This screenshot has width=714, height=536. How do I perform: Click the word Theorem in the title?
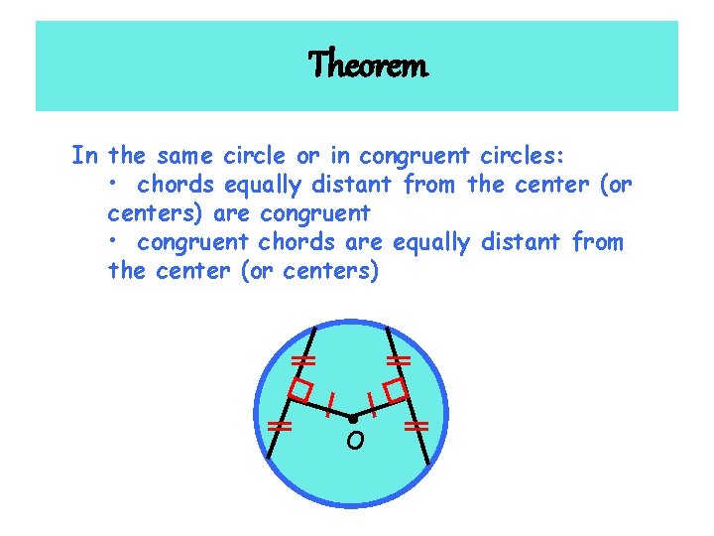368,66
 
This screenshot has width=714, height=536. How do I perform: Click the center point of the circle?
352,419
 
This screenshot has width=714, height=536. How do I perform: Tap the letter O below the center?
354,442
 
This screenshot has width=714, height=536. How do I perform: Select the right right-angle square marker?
397,390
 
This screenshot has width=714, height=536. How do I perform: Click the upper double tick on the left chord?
303,359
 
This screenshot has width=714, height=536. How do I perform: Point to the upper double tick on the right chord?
399,359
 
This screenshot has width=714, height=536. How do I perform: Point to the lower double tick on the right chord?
416,427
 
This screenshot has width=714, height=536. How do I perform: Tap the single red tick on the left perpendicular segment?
329,402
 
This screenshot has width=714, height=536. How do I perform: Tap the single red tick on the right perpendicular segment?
372,402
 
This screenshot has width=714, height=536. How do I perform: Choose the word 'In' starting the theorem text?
83,156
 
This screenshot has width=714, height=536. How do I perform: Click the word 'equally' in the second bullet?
430,243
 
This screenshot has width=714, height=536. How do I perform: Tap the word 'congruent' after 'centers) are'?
314,213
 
